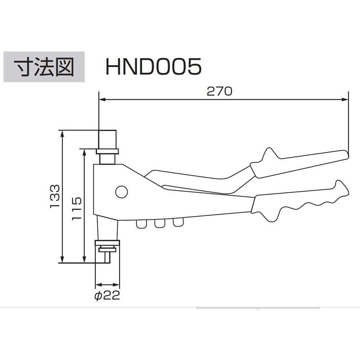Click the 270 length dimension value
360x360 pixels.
pos(220,91)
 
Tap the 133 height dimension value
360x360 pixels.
pos(55,196)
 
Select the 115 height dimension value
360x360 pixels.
pos(77,208)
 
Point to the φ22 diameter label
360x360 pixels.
pos(107,296)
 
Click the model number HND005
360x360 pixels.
pos(153,67)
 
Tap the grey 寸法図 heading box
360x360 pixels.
pos(44,67)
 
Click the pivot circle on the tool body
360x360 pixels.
pos(121,192)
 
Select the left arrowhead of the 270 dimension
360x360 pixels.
pos(102,99)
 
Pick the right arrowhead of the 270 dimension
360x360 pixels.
pos(345,99)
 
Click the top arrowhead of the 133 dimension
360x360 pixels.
pos(62,134)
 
